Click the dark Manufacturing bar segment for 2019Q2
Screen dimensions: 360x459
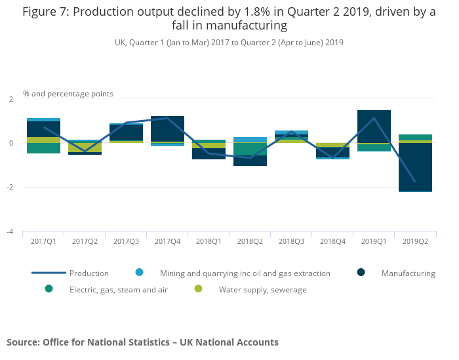415,167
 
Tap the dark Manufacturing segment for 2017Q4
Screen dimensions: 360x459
167,129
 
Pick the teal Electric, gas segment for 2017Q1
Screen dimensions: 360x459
43,148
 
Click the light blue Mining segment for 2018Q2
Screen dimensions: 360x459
250,140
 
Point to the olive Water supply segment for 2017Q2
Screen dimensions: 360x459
85,148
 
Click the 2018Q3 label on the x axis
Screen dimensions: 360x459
291,241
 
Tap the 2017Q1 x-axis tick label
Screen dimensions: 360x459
43,241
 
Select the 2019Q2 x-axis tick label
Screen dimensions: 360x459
415,241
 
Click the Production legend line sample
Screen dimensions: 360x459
49,273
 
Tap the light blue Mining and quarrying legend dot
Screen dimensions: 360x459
140,273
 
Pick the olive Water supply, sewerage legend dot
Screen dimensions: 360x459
198,289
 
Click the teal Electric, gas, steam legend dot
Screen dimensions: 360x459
49,289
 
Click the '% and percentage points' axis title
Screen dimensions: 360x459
68,94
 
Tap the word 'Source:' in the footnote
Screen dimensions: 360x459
23,342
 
